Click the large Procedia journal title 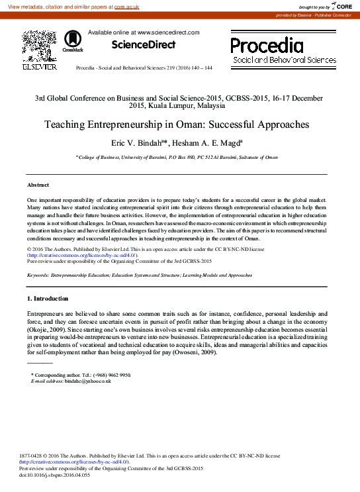point(267,45)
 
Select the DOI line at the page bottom point(54,475)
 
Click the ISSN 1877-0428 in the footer point(34,456)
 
